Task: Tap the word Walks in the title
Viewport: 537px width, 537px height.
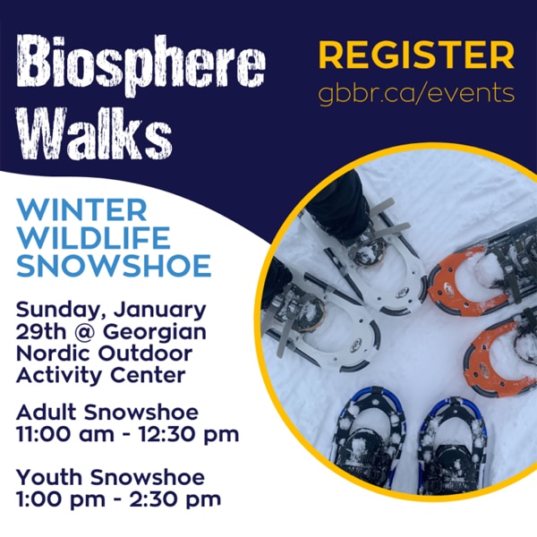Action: tap(94, 132)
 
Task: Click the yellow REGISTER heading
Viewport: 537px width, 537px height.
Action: tap(416, 55)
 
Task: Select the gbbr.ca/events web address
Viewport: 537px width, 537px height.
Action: tap(416, 93)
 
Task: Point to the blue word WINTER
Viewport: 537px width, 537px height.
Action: tap(82, 210)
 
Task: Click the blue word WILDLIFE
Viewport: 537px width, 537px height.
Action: tap(93, 238)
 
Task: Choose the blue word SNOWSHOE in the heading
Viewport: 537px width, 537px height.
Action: tap(114, 266)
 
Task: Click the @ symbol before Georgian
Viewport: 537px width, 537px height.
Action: tap(90, 332)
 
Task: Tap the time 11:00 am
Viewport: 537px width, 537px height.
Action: tap(65, 434)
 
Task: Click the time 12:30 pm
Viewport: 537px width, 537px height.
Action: tap(189, 435)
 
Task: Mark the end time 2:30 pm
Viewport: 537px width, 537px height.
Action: tap(175, 500)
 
